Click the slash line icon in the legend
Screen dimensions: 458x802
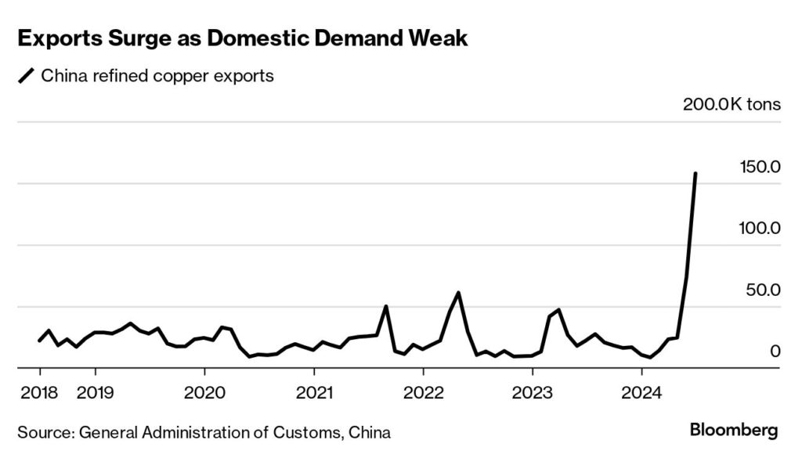click(x=26, y=76)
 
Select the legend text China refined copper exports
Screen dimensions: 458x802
click(x=157, y=76)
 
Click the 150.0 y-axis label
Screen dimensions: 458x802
click(x=758, y=167)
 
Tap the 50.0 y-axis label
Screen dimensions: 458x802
click(x=762, y=290)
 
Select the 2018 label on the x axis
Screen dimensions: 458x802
click(x=39, y=391)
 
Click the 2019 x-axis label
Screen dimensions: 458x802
click(x=96, y=391)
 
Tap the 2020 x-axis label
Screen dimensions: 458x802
click(x=204, y=391)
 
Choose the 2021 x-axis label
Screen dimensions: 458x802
click(x=314, y=391)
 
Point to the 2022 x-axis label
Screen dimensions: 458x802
click(x=423, y=391)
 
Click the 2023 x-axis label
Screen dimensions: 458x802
click(x=533, y=391)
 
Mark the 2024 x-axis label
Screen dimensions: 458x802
click(x=641, y=391)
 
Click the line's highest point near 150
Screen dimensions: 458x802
click(x=696, y=174)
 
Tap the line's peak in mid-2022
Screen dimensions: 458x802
click(x=458, y=293)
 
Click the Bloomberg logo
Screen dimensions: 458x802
click(x=734, y=430)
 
